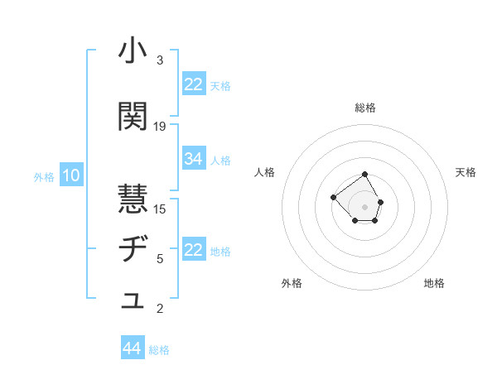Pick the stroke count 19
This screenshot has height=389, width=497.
coord(160,126)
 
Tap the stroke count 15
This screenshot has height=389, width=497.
coord(160,209)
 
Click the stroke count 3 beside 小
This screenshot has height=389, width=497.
coord(160,60)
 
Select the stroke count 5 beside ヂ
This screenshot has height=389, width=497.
coord(160,259)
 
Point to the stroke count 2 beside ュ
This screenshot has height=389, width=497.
coord(160,310)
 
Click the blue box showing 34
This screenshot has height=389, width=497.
coord(194,159)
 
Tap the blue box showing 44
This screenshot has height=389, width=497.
coord(133,348)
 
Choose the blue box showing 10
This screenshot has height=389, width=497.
coord(71,175)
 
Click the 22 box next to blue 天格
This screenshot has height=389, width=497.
coord(194,84)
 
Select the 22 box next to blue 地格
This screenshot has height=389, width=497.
coord(194,250)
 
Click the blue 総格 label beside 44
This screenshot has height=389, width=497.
coord(159,350)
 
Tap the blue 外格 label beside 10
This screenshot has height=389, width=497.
coord(44,177)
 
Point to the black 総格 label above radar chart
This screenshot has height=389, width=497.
coord(365,108)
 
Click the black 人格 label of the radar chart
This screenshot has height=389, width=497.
coord(265,172)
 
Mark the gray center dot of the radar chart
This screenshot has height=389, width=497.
coord(364,206)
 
